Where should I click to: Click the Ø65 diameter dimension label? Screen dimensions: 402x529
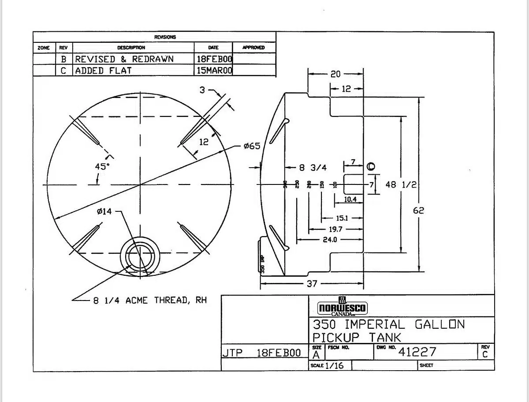coord(252,146)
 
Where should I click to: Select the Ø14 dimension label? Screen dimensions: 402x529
coord(104,211)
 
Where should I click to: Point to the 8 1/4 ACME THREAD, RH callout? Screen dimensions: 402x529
coord(150,301)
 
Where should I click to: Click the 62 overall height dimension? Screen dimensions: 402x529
coord(418,210)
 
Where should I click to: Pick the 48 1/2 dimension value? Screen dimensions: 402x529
coord(401,184)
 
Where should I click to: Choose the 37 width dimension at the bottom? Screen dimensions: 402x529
coord(312,283)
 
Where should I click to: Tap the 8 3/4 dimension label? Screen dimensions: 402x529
coord(313,168)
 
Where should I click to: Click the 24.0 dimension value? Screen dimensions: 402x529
coord(330,240)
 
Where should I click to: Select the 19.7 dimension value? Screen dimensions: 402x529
coord(335,229)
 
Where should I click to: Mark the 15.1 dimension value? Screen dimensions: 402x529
coord(342,218)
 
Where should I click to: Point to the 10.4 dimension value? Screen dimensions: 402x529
coord(350,199)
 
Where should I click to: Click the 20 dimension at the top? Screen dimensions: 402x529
coord(335,74)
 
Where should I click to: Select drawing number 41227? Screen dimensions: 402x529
coord(417,352)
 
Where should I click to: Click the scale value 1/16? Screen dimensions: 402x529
coord(334,365)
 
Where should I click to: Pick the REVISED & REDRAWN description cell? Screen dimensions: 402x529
coord(124,59)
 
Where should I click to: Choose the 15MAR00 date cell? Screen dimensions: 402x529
coord(214,71)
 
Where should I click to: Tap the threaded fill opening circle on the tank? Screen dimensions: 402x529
coord(141,256)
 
